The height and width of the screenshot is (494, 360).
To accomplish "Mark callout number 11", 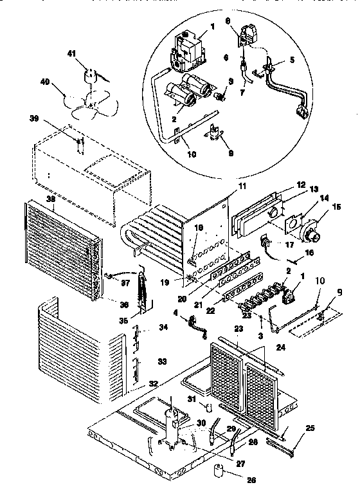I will [x=225, y=185].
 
